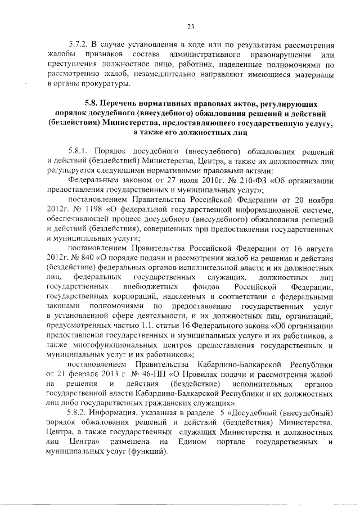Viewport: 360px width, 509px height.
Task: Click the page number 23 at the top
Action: point(190,26)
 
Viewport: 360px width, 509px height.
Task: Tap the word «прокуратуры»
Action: point(107,84)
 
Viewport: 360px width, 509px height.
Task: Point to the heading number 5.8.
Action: point(92,104)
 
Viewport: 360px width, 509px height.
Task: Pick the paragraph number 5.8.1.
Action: point(78,151)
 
